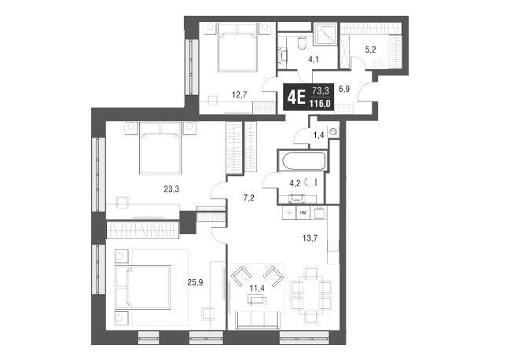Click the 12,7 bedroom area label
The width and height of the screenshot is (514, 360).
(x=239, y=95)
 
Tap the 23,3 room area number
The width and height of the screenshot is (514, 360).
(x=171, y=189)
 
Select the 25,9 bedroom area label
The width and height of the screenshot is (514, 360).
(x=195, y=282)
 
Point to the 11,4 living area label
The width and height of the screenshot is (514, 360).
(x=257, y=288)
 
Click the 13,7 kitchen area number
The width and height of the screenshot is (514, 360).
(x=310, y=238)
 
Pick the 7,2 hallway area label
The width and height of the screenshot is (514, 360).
(x=249, y=198)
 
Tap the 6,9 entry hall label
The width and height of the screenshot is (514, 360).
(x=344, y=89)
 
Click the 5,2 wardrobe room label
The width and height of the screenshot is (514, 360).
(x=370, y=50)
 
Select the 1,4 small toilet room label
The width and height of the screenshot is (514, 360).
(x=318, y=134)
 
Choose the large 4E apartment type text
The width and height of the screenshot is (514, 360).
(x=296, y=97)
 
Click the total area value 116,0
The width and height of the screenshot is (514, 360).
(x=319, y=105)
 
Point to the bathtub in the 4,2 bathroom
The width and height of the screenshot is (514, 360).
(x=303, y=161)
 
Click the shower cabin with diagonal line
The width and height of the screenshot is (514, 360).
(x=325, y=34)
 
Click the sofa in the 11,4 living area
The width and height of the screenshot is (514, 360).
(x=259, y=321)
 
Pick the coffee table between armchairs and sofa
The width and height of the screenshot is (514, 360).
(x=257, y=299)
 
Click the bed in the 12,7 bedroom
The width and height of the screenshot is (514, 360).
(x=237, y=47)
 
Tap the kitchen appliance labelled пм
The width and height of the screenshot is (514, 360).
(x=303, y=213)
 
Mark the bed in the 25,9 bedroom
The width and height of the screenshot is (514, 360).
(x=143, y=287)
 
